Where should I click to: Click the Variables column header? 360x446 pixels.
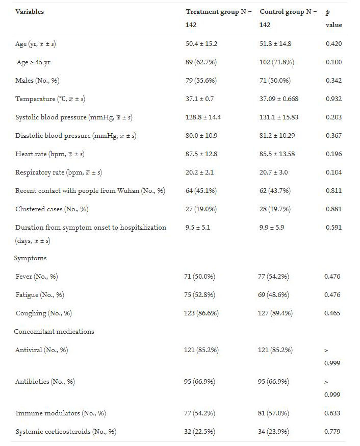point(30,12)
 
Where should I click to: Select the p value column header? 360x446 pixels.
point(333,18)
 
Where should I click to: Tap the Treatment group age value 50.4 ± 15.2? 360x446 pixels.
point(201,44)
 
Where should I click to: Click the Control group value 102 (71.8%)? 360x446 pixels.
point(276,62)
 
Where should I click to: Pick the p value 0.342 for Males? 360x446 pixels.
point(333,81)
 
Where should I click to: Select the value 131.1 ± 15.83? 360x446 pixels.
point(279,117)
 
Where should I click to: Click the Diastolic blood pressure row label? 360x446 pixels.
point(75,136)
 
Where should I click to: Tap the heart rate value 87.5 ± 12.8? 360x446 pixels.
point(201,154)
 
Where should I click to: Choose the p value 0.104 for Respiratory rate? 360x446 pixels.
point(333,172)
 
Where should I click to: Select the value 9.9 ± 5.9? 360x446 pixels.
point(272,228)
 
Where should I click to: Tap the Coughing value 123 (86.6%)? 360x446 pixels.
point(202,313)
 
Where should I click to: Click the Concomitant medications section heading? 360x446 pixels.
point(54,332)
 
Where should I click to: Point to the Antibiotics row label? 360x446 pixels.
point(45,382)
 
